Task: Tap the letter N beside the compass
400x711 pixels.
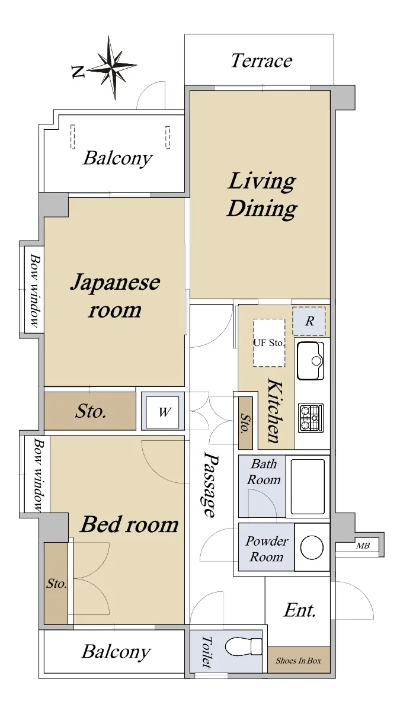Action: [78, 72]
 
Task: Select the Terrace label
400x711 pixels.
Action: [261, 60]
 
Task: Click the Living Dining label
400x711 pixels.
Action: [262, 194]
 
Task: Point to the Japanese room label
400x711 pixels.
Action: [115, 296]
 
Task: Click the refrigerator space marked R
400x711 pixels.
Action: [309, 321]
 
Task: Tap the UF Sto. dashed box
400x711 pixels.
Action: [269, 343]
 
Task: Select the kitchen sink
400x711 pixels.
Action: [311, 361]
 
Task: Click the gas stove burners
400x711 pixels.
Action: [311, 418]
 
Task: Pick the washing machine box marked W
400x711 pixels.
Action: [163, 411]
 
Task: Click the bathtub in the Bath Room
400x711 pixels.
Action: [308, 486]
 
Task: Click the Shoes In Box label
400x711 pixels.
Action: [299, 661]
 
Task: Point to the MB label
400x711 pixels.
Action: [363, 545]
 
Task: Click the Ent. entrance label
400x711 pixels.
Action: [300, 610]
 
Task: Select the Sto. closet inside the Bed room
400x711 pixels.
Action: [56, 583]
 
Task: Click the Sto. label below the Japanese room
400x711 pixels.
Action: [91, 411]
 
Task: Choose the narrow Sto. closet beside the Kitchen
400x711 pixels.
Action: [245, 423]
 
